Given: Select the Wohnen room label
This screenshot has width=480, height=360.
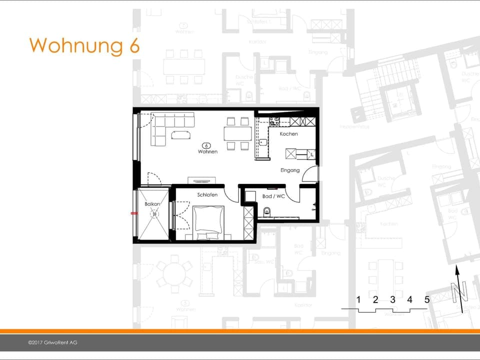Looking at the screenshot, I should coord(207,151).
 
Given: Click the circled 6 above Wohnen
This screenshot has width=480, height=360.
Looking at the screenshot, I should coord(207,144).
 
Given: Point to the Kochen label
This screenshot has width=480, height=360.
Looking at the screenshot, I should coord(288,134).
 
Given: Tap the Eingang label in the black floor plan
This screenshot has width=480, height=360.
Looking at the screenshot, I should coord(290,170).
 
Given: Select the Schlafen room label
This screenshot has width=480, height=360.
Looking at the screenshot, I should coord(207,195).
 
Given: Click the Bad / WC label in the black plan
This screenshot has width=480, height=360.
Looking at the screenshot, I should coord(273,196).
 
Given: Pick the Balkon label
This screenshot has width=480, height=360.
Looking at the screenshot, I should coord(152,204).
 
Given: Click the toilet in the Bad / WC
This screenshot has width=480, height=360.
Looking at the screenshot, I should coord(266,211).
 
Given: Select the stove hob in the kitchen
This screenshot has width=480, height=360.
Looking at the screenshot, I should coord(274,121).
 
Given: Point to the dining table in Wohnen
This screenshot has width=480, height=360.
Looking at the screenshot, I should coord(237,133).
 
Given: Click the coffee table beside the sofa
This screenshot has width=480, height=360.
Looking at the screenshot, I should coord(180,134).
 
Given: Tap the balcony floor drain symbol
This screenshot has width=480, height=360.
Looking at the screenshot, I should coord(155,213).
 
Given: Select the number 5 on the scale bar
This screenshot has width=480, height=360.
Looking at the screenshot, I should coord(427,300).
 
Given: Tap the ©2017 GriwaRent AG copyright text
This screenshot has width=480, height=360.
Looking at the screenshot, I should coord(53,342).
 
